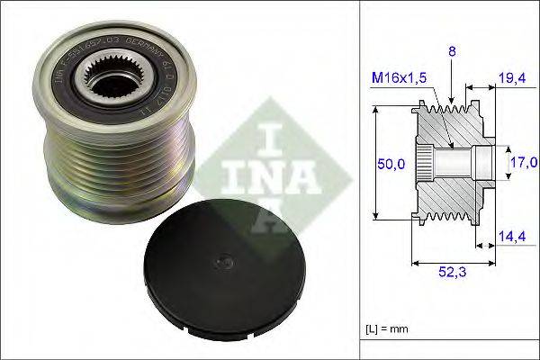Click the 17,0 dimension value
[x=523, y=163]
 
